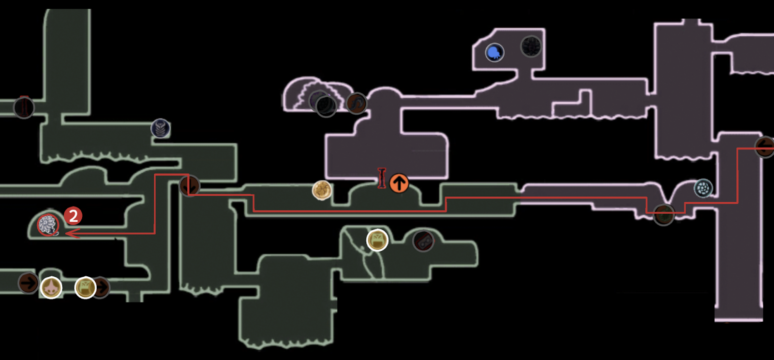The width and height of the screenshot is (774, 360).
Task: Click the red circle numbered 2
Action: tap(73, 216)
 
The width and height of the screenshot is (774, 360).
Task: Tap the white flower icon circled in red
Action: tap(48, 224)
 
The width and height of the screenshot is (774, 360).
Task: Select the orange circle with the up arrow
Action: tap(399, 183)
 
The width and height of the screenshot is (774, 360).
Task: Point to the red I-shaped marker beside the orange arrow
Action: tap(382, 178)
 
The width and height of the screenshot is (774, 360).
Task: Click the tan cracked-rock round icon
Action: tap(322, 190)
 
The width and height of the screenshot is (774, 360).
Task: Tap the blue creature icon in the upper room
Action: tap(494, 52)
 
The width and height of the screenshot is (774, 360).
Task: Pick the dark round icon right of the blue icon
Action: tap(531, 46)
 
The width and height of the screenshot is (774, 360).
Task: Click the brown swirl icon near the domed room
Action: tap(357, 103)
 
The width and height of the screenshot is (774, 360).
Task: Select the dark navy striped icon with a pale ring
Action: tap(161, 128)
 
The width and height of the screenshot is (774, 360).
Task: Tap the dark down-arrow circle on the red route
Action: tap(190, 185)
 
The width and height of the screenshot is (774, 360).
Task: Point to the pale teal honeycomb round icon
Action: tap(703, 188)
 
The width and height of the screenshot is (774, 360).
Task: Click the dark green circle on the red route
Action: tap(664, 214)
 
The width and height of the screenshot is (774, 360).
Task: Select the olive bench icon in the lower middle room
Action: tap(377, 240)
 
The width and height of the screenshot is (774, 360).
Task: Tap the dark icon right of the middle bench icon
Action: tap(423, 240)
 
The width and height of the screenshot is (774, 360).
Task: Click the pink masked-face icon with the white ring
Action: tap(51, 287)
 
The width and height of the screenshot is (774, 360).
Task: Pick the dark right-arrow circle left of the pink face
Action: tap(29, 283)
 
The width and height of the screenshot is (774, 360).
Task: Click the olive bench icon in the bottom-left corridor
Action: tap(85, 287)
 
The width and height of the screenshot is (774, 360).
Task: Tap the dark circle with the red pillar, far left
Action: tap(24, 107)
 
